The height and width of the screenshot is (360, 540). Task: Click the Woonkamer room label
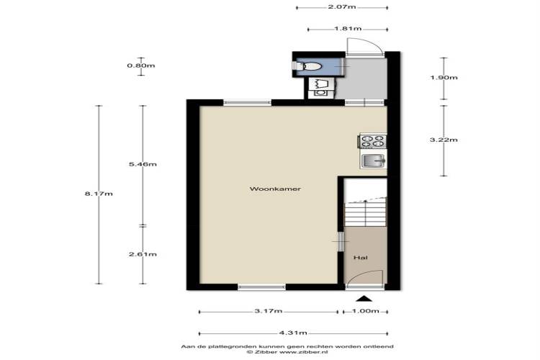click(275, 189)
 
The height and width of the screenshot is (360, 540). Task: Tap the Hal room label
click(361, 257)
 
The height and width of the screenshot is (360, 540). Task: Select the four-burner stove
click(373, 141)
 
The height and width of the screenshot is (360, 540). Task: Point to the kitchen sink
click(373, 161)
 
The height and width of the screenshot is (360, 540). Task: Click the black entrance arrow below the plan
click(366, 298)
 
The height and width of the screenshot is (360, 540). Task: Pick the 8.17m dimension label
click(99, 194)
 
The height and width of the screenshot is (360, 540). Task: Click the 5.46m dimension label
click(143, 164)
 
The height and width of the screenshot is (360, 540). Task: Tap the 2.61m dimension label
click(143, 254)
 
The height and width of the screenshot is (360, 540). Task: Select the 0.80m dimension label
click(141, 66)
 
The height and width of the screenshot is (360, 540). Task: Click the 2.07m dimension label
click(342, 6)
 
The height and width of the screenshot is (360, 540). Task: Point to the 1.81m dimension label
click(348, 28)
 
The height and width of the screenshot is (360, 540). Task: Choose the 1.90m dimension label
click(444, 77)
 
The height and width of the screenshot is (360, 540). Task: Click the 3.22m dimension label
click(444, 140)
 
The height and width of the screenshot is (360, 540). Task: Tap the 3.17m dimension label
click(269, 311)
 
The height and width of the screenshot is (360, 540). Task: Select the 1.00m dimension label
click(365, 311)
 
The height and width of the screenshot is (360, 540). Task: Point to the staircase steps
click(365, 215)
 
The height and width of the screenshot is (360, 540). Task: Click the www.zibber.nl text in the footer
click(304, 352)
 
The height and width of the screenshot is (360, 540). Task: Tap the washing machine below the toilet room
click(320, 92)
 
